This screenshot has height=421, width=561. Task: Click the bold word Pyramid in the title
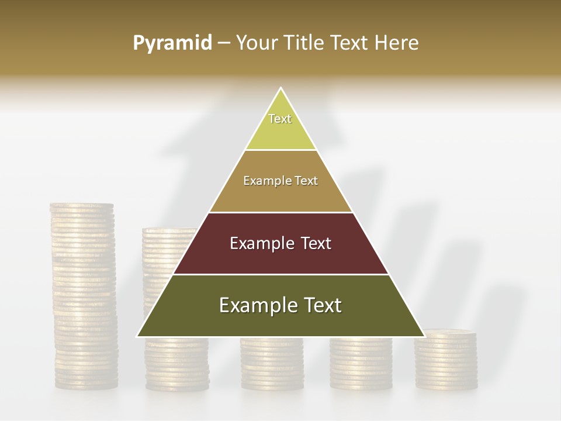(172, 43)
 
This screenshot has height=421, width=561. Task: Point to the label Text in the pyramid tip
(280, 119)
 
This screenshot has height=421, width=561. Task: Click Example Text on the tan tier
(280, 181)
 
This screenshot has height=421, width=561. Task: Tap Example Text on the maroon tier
(280, 243)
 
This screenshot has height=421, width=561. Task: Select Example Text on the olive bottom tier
(280, 305)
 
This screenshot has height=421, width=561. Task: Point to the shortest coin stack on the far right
(446, 360)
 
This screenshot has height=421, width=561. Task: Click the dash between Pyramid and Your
(224, 43)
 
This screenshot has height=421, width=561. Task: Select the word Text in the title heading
(350, 43)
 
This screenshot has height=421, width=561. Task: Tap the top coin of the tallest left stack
(82, 206)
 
